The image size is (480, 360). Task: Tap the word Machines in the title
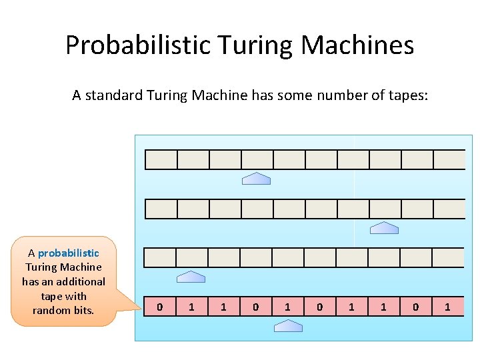[x=357, y=45]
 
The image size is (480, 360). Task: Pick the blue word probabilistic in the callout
[x=69, y=253]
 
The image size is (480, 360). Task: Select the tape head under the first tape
[x=256, y=178]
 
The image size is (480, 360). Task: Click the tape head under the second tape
[x=384, y=228]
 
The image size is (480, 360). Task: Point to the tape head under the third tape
[x=191, y=277]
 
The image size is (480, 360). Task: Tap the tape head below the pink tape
[x=288, y=325]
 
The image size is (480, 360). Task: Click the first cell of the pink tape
[x=159, y=307]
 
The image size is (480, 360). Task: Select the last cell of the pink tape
[x=448, y=307]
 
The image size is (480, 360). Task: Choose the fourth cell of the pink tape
[x=255, y=307]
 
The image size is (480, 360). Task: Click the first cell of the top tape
[x=161, y=160]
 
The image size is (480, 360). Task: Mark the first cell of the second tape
[x=161, y=209]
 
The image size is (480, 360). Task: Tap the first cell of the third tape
[x=160, y=257]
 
